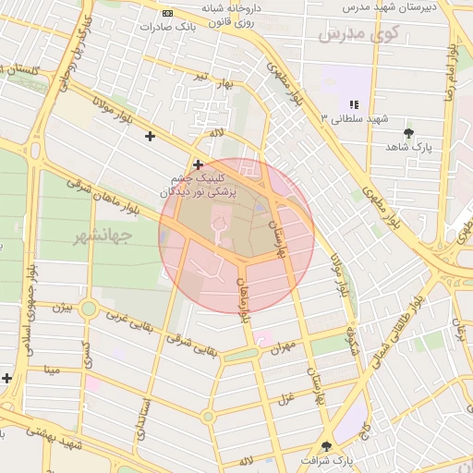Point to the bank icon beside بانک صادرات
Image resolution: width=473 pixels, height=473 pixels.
[166, 14]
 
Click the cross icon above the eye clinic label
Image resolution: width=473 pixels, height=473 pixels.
[198, 164]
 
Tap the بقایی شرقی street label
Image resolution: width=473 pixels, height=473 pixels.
[189, 340]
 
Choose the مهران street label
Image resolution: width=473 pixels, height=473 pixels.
[282, 347]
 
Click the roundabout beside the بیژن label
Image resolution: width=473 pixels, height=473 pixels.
[89, 309]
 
